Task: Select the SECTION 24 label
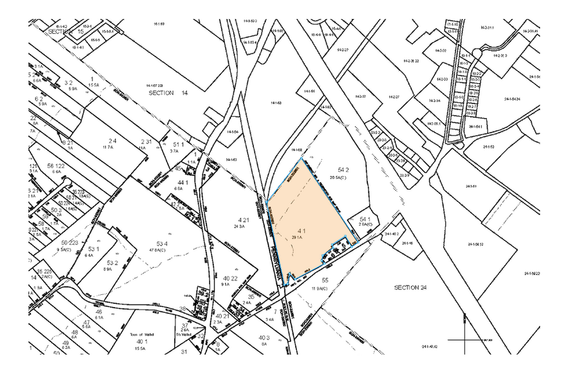click(410, 287)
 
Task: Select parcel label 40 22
click(230, 278)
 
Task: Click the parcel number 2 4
click(113, 141)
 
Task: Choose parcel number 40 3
click(263, 337)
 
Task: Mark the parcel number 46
click(98, 311)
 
